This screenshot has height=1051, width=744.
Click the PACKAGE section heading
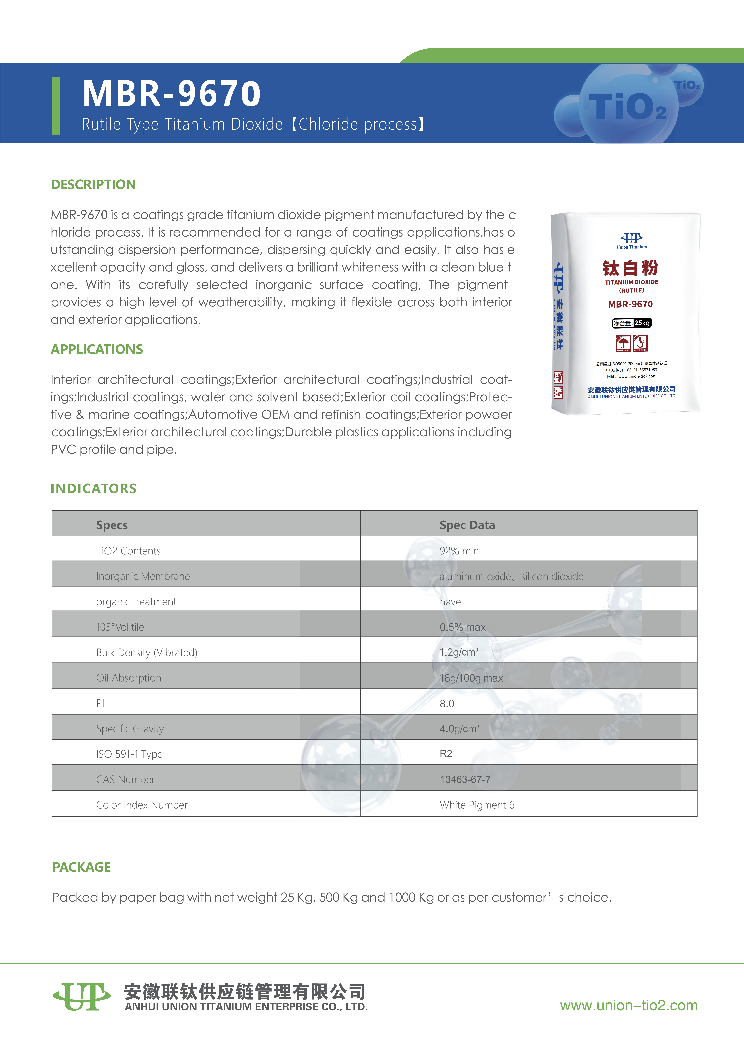[x=82, y=867]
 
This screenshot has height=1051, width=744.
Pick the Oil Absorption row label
[x=129, y=678]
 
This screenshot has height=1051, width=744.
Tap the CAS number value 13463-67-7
[x=465, y=780]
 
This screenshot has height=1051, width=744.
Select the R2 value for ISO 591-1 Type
[x=446, y=753]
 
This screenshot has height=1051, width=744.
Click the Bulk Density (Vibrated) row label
[x=147, y=652]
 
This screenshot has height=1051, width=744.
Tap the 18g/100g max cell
[x=471, y=678]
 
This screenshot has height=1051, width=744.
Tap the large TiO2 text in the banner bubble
[x=627, y=107]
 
